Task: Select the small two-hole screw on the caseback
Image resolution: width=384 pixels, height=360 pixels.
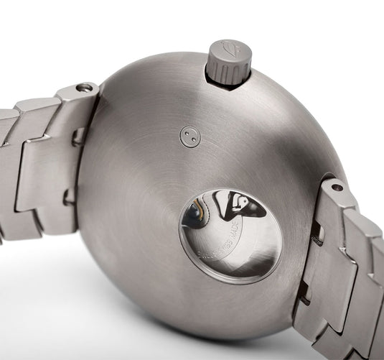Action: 190,137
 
